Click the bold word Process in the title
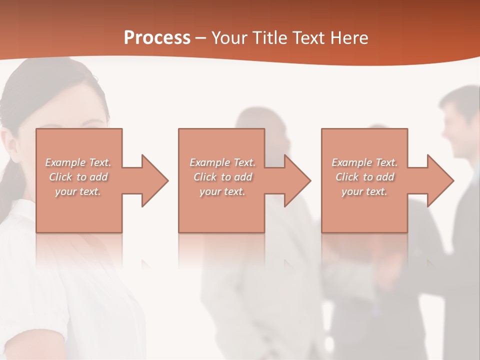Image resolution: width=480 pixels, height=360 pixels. (x=157, y=38)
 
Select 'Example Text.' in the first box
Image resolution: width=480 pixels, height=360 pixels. (x=78, y=162)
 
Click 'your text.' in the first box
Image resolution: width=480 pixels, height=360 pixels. (x=78, y=191)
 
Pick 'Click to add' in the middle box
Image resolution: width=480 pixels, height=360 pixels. (x=222, y=177)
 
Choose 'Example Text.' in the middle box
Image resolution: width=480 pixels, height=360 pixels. (x=222, y=162)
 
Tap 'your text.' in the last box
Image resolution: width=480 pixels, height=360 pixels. (x=364, y=191)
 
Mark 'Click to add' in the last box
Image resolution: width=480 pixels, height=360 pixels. (x=364, y=177)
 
